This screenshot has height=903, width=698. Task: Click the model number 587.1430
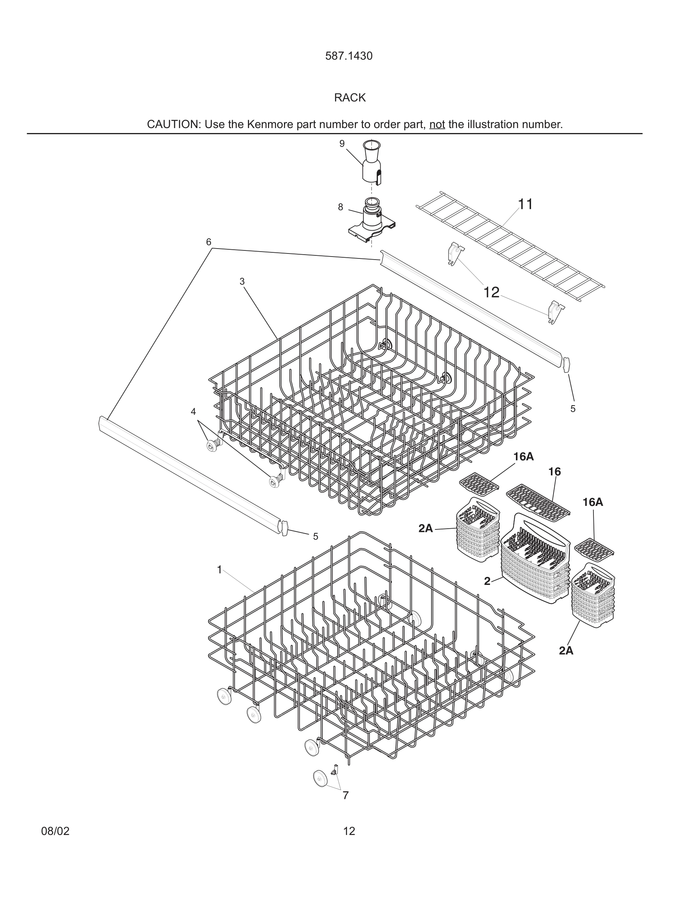point(349,56)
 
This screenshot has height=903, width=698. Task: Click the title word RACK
point(349,98)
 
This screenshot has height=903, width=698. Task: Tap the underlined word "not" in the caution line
point(437,124)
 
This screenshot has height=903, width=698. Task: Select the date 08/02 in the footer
point(55,831)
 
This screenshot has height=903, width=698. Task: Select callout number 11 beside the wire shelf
point(525,204)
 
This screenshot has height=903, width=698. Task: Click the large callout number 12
point(491,293)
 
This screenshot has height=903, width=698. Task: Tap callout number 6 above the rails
point(209,242)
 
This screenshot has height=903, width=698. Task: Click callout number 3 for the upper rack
point(242,282)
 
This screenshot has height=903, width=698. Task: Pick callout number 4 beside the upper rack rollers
point(193,411)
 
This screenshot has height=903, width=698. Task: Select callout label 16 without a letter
point(555,471)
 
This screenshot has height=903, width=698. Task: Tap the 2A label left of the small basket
point(425,528)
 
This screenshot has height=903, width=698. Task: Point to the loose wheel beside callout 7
point(320,779)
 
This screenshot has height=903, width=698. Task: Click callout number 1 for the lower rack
point(220,570)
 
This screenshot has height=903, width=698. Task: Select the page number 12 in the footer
point(349,831)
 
